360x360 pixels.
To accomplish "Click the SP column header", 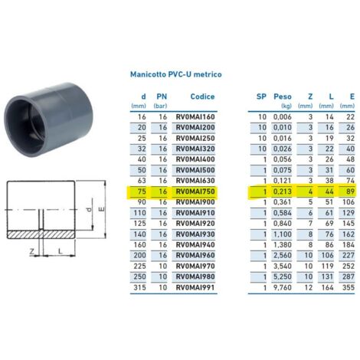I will tap(261, 97).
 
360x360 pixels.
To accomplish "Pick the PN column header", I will tap(162, 97).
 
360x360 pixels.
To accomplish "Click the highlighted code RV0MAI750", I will tap(195, 191).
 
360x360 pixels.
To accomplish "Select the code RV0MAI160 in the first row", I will tap(195, 116).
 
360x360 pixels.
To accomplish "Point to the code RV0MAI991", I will tap(195, 286).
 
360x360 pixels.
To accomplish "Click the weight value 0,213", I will tap(283, 191).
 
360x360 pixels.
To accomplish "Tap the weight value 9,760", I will tap(283, 286).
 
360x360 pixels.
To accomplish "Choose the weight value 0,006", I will tap(283, 116).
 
